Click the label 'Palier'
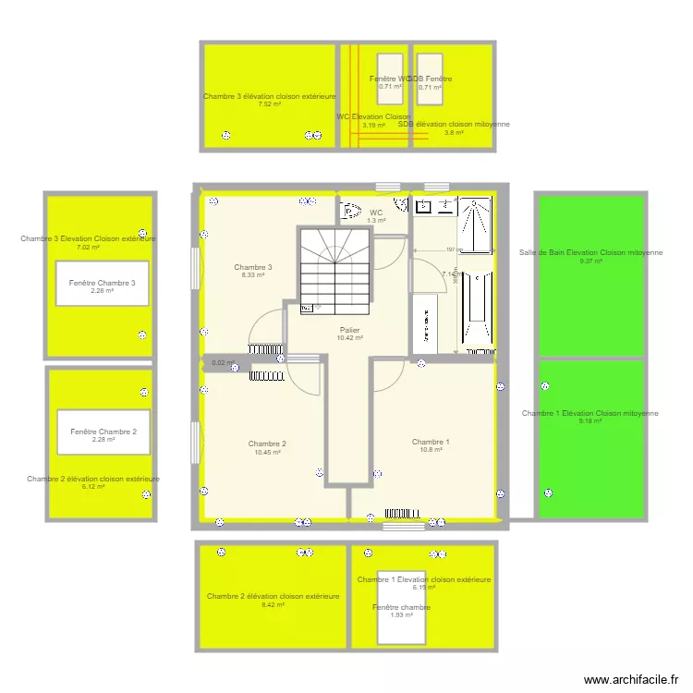coord(349,330)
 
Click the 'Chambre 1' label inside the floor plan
coord(431,443)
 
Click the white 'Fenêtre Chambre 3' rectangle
coord(102,286)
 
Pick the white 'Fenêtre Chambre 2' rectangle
coord(103,434)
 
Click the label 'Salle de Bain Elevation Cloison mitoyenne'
coord(590,252)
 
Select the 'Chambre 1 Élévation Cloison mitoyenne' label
coord(590,413)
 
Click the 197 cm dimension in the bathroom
coord(450,249)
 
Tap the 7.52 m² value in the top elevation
coord(269,104)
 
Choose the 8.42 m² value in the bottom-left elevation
coord(273,605)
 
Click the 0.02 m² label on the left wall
coord(223,363)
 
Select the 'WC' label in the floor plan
coord(376,213)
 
